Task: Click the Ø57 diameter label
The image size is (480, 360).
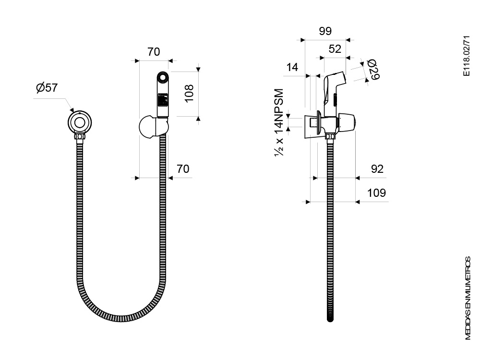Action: [47, 87]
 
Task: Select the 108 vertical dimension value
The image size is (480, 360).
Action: [189, 94]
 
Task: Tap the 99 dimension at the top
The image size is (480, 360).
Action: [325, 31]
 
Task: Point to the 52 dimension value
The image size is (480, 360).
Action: [335, 49]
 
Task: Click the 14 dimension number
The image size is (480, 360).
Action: [292, 67]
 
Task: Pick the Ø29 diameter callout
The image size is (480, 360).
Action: [373, 69]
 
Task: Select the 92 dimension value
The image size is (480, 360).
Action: [377, 168]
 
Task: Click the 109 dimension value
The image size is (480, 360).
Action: [376, 193]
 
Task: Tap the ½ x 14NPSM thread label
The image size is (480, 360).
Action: [279, 122]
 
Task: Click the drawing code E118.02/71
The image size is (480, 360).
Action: [466, 56]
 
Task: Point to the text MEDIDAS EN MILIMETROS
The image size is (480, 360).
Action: [468, 298]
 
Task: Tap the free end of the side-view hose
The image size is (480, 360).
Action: [330, 319]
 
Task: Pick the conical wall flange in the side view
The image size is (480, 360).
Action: [312, 127]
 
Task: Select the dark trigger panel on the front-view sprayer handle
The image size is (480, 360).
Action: [163, 99]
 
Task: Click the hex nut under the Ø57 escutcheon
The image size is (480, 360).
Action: [80, 136]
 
